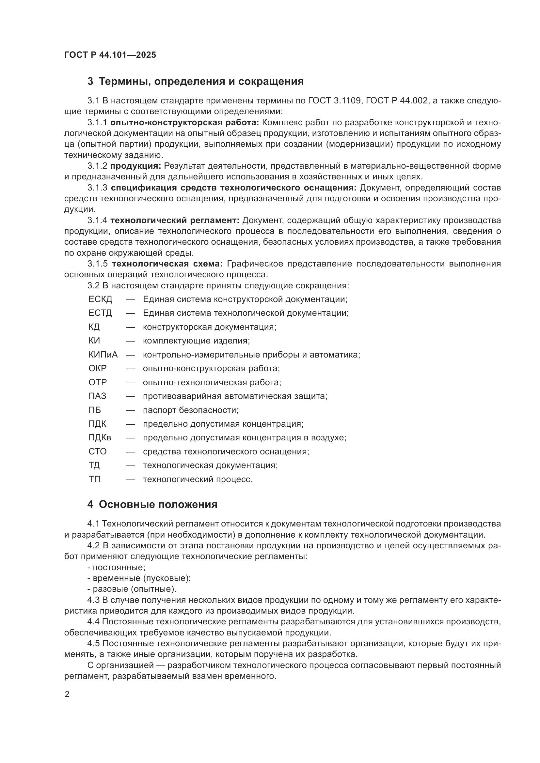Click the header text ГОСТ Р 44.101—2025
click(x=110, y=55)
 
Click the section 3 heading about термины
click(x=195, y=82)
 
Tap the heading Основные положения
click(x=152, y=504)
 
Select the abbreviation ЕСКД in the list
click(x=100, y=299)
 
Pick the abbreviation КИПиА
click(x=103, y=355)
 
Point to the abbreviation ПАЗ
click(x=97, y=396)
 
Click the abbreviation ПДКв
click(x=100, y=438)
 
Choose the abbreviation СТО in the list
click(x=97, y=451)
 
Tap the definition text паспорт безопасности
click(x=191, y=410)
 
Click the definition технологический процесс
click(x=198, y=480)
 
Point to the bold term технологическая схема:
click(x=167, y=264)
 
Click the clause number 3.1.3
click(x=97, y=188)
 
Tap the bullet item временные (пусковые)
click(x=142, y=578)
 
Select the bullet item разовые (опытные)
click(x=134, y=589)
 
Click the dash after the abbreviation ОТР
click(x=130, y=383)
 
